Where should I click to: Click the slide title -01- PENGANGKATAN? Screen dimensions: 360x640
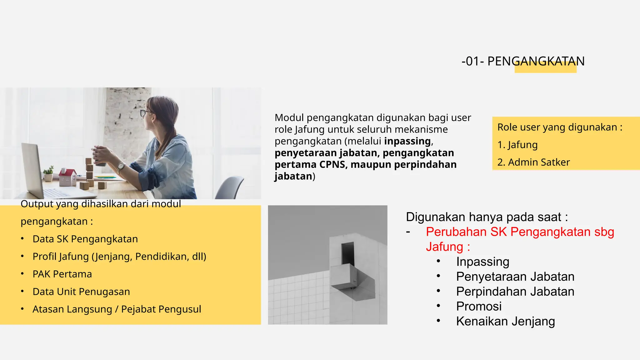(x=523, y=61)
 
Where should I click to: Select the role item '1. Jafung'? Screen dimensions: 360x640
(x=517, y=145)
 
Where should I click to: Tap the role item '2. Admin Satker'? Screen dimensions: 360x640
(x=533, y=162)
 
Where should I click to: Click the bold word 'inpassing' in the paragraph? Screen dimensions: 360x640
(x=407, y=141)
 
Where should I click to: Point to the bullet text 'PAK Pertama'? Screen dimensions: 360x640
(x=62, y=274)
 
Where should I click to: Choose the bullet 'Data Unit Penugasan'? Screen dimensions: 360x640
(x=81, y=292)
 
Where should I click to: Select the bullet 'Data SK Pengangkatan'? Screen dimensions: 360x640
(x=85, y=239)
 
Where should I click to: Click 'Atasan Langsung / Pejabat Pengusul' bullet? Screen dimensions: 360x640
(x=117, y=309)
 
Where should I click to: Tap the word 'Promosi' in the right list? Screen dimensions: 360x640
(x=479, y=306)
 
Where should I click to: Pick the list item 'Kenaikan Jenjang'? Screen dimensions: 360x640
(x=505, y=321)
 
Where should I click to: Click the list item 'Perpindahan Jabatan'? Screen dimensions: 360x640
(x=515, y=292)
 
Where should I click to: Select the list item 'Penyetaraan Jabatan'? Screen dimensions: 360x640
(x=515, y=277)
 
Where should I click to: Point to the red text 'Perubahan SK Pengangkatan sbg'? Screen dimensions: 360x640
(x=520, y=232)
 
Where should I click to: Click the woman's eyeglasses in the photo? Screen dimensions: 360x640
(x=145, y=113)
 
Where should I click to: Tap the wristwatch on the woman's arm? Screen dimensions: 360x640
(x=120, y=167)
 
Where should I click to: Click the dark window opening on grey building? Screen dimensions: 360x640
(x=348, y=253)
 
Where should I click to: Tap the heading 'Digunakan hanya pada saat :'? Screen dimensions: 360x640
(x=487, y=217)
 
